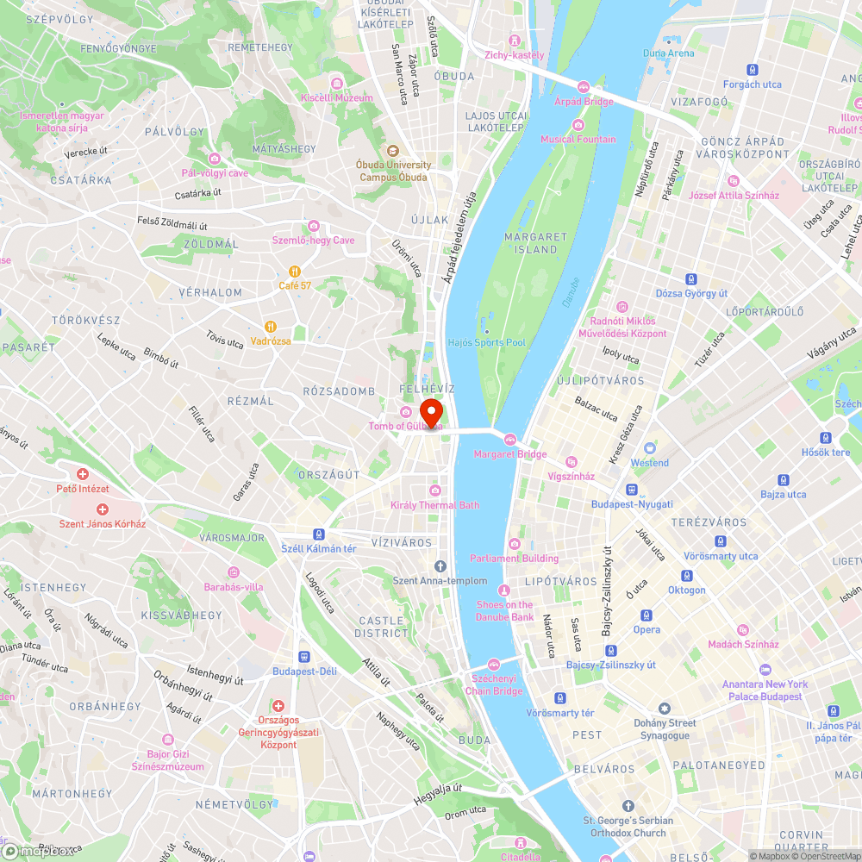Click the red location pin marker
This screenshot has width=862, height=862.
tap(430, 410)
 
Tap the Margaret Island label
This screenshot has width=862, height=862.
tap(536, 243)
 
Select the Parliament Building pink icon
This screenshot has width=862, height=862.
tap(515, 543)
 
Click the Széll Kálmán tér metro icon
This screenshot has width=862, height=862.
tap(319, 534)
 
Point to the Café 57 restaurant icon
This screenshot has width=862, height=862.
tap(295, 270)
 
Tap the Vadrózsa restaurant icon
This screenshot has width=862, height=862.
tap(271, 326)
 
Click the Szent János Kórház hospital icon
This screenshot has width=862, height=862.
tap(102, 509)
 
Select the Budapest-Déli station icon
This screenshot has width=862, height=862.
tap(303, 656)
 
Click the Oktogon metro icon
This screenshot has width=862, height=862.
tap(687, 575)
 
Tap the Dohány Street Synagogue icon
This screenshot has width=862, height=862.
tap(663, 708)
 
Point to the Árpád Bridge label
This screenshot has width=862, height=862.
tap(584, 102)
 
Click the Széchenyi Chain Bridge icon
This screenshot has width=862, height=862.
tap(494, 664)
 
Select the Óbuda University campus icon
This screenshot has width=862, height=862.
tap(392, 150)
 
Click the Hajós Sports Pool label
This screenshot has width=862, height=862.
tap(487, 342)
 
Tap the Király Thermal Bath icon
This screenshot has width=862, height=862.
tap(434, 490)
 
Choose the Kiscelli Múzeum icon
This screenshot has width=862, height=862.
tap(337, 84)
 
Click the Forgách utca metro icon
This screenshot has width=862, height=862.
tap(753, 69)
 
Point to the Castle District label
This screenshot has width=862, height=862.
tap(381, 627)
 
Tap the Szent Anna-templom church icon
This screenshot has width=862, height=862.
tap(440, 565)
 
